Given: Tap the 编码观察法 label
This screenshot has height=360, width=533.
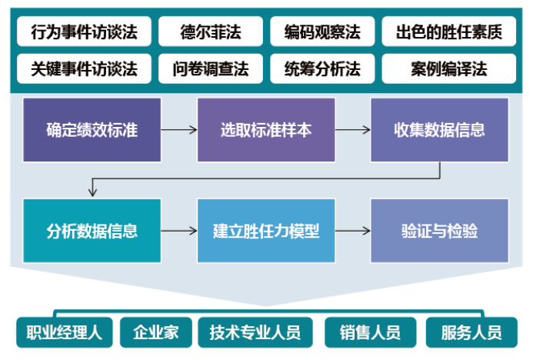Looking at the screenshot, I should tap(321, 32).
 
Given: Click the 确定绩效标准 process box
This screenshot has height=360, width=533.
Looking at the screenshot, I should tap(92, 129).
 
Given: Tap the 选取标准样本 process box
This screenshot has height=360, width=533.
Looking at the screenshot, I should tap(266, 129).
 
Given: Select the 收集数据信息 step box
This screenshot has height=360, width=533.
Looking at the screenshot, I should tap(439, 129).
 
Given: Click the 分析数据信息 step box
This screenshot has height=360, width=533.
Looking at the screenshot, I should tap(92, 231).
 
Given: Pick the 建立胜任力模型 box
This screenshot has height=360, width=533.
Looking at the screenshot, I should tap(266, 231).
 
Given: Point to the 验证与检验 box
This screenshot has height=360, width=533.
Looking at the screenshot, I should tap(439, 231).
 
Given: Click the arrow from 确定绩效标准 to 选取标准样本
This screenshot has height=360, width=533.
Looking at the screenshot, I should tap(179, 129).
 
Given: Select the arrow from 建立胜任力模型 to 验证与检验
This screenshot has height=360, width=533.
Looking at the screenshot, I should tap(353, 231).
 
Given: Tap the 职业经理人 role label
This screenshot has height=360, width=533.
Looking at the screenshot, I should tap(65, 333).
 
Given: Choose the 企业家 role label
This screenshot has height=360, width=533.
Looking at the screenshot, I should tap(155, 333).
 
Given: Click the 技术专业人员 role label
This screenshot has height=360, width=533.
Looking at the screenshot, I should tap(255, 333).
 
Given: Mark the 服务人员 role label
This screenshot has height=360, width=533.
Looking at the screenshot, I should tap(471, 333).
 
